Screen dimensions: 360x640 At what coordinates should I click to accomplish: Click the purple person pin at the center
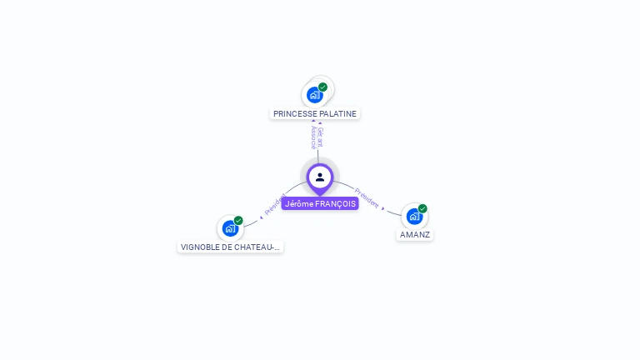coord(320,177)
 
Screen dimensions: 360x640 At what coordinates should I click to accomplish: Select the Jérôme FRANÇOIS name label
coord(320,203)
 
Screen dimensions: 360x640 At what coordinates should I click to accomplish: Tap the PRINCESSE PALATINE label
coord(315,113)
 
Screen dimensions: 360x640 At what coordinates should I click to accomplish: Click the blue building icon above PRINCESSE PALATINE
coord(314,95)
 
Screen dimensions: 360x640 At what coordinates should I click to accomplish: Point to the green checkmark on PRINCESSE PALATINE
coord(322,87)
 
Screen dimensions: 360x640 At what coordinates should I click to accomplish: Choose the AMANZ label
coord(415,234)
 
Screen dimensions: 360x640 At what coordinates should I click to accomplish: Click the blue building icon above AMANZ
coord(413,217)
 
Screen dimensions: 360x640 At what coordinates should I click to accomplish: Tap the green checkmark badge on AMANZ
coord(422,208)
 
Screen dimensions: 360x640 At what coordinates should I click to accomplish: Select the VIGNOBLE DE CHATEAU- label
coord(231,247)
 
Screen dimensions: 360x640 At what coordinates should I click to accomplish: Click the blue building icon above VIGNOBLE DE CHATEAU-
coord(229,228)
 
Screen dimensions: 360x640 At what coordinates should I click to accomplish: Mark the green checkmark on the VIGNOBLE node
coord(238,221)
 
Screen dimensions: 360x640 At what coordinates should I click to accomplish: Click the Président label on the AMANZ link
coord(367,197)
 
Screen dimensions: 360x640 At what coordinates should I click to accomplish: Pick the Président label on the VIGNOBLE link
coord(275,205)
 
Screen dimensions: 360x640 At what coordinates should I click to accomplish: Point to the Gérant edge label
coord(321,137)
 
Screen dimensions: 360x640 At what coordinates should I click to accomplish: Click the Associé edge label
coord(313,137)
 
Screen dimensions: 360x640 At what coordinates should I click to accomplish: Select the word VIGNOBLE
coord(200,247)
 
